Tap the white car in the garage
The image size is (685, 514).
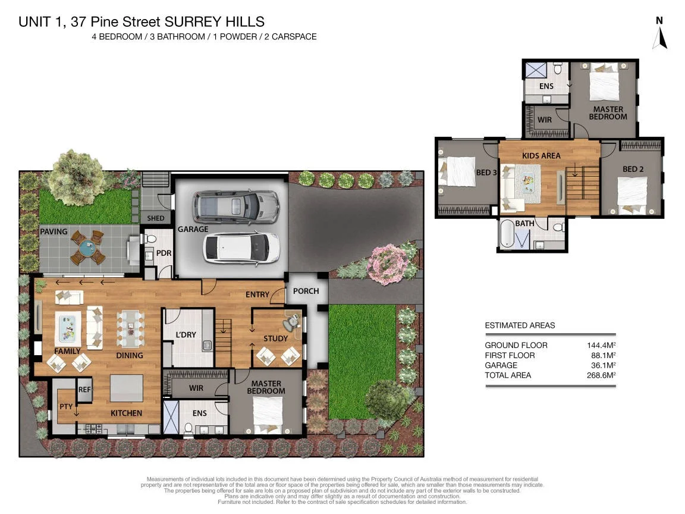click(x=241, y=247)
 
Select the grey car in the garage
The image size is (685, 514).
click(x=235, y=206)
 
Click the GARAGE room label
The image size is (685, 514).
click(x=193, y=229)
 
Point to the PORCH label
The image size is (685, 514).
click(x=306, y=291)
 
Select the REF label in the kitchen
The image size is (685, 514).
click(x=84, y=390)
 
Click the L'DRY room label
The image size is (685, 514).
click(x=186, y=335)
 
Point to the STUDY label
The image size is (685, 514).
click(x=275, y=339)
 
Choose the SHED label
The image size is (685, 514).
click(x=156, y=218)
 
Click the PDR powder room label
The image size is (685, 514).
click(x=164, y=253)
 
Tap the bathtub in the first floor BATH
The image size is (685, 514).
click(x=507, y=235)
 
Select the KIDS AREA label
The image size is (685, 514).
click(x=541, y=155)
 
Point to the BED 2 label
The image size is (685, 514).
click(x=633, y=169)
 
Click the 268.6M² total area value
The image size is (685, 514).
click(x=601, y=375)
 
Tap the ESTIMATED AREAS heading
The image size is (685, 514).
click(x=520, y=325)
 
